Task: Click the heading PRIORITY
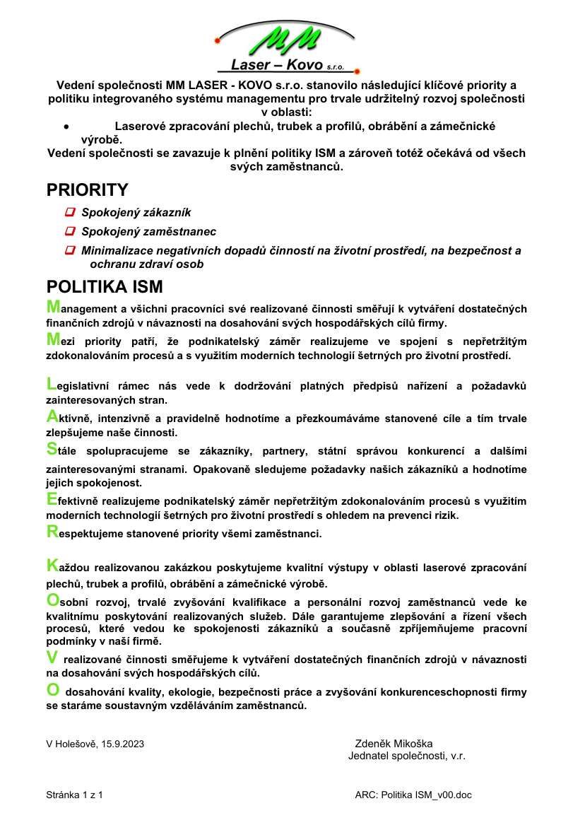coord(87,189)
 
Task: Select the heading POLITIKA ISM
coord(105,287)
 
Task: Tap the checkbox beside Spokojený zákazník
coord(70,211)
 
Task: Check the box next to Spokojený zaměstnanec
coord(70,231)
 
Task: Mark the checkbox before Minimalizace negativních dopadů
coord(70,250)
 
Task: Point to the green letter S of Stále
coord(52,448)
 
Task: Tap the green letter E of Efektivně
coord(52,499)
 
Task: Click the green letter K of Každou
coord(52,565)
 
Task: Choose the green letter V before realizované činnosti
coord(52,657)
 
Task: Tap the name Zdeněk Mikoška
coord(394,744)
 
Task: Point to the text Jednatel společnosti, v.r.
coord(407,756)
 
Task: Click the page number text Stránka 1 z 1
coord(75,795)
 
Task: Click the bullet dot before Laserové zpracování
coord(66,127)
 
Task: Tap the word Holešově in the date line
coord(77,744)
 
